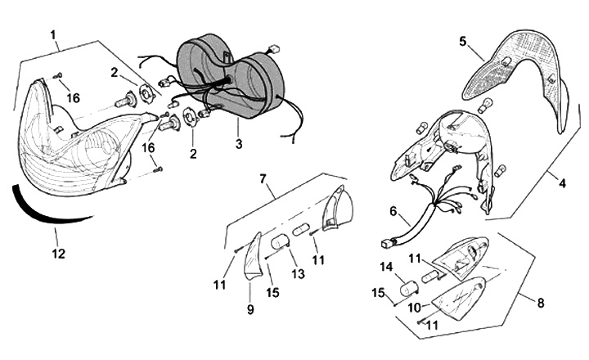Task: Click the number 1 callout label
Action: pos(53,35)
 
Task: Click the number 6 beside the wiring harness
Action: pos(393,211)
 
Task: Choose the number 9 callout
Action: pos(251,310)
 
